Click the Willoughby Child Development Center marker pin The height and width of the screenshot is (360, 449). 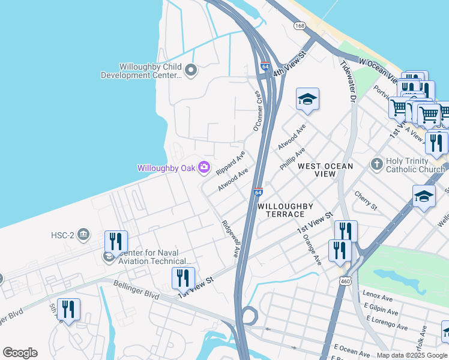(x=191, y=71)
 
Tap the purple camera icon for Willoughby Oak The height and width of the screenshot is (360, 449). (x=204, y=167)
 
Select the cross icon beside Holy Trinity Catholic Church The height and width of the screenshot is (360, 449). (x=376, y=164)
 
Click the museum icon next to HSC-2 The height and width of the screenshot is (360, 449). (x=83, y=235)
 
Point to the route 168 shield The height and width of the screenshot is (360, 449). (x=300, y=26)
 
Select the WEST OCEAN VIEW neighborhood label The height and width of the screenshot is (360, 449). (x=326, y=166)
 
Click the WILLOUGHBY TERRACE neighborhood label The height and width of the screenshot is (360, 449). (x=285, y=210)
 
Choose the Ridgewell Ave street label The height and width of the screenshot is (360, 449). (x=229, y=239)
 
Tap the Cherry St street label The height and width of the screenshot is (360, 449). (x=365, y=201)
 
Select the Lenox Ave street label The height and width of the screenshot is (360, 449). (x=378, y=295)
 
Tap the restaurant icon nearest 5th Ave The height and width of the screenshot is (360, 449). (x=68, y=310)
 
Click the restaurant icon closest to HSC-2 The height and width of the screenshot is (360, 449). (x=116, y=242)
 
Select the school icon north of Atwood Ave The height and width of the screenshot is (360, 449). (x=307, y=100)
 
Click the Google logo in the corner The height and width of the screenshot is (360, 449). (x=20, y=353)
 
